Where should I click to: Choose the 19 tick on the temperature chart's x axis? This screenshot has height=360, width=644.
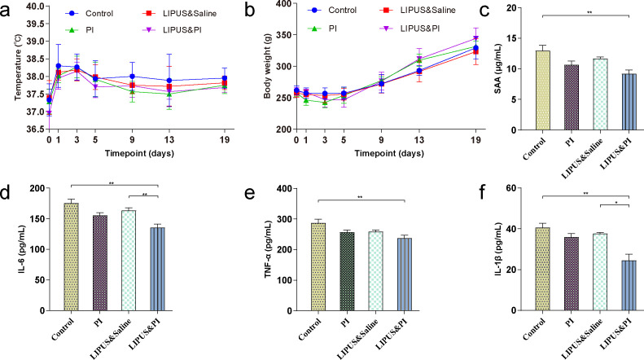[201, 138]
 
